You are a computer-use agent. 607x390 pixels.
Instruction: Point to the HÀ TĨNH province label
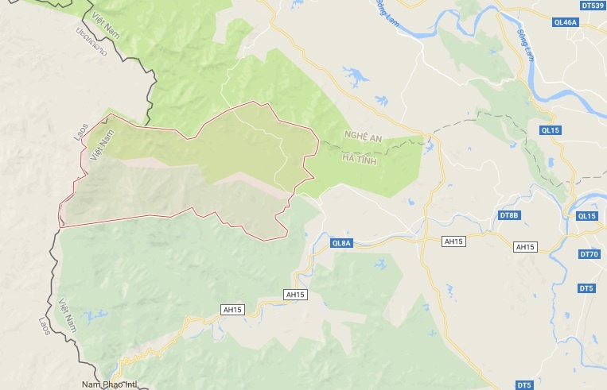(358, 160)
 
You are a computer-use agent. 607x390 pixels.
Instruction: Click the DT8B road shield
(508, 215)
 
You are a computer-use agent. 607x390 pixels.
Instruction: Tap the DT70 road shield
(589, 254)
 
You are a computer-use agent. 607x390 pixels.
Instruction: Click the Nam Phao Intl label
(109, 385)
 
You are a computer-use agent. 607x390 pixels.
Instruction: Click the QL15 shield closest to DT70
(586, 216)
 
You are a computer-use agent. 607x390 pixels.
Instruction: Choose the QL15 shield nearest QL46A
(551, 129)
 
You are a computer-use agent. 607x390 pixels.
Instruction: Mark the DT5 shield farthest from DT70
(523, 385)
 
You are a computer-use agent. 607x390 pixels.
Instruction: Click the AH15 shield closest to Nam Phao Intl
(232, 308)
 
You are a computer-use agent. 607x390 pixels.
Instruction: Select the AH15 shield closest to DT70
(525, 247)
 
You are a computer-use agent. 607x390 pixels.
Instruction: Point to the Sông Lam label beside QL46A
(525, 45)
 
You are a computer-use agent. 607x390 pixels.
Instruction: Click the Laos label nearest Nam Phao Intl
(45, 326)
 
